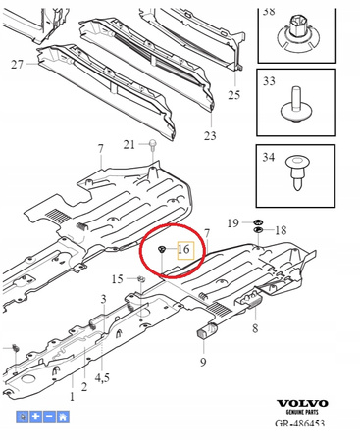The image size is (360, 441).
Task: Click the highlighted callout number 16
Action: click(184, 250)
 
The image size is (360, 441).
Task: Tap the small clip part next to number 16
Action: click(161, 249)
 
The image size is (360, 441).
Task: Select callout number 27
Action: click(18, 64)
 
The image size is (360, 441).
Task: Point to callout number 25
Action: click(234, 95)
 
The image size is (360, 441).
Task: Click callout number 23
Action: click(210, 135)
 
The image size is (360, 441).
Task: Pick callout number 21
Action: click(129, 144)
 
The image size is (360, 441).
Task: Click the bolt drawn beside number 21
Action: click(152, 145)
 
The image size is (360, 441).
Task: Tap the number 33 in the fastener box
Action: click(269, 81)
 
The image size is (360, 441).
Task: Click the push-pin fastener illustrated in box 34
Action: click(297, 172)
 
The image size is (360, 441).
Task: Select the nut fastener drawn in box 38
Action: click(296, 36)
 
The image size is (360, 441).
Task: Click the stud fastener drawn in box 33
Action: click(296, 105)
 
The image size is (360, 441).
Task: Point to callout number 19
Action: click(233, 223)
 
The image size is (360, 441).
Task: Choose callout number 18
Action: click(281, 230)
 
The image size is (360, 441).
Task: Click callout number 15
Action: click(118, 279)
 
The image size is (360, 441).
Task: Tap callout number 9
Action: click(203, 362)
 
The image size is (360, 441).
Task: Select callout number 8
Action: click(255, 328)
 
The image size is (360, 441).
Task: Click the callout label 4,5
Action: click(102, 378)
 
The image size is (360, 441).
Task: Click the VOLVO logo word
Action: click(302, 404)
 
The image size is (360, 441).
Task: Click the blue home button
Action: click(63, 416)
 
